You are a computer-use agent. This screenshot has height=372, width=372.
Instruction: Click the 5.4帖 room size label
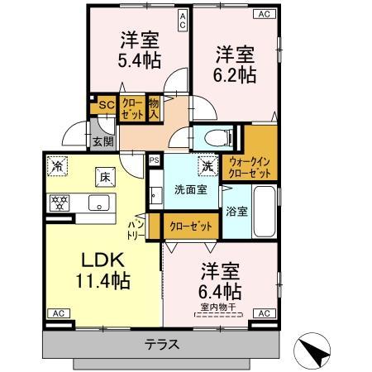[140, 60]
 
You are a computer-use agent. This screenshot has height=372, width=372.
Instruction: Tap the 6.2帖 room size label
[235, 74]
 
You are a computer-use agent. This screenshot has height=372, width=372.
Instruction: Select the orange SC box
[106, 105]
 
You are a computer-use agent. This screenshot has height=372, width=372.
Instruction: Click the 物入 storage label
[154, 108]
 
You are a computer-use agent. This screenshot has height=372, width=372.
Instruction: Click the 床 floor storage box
[105, 176]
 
